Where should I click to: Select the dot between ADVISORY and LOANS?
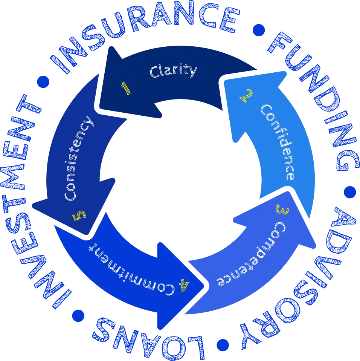point(222,344)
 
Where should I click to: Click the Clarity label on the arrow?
point(173,71)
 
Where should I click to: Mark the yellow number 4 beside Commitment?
point(184,286)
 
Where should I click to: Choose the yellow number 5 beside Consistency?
point(79,216)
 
